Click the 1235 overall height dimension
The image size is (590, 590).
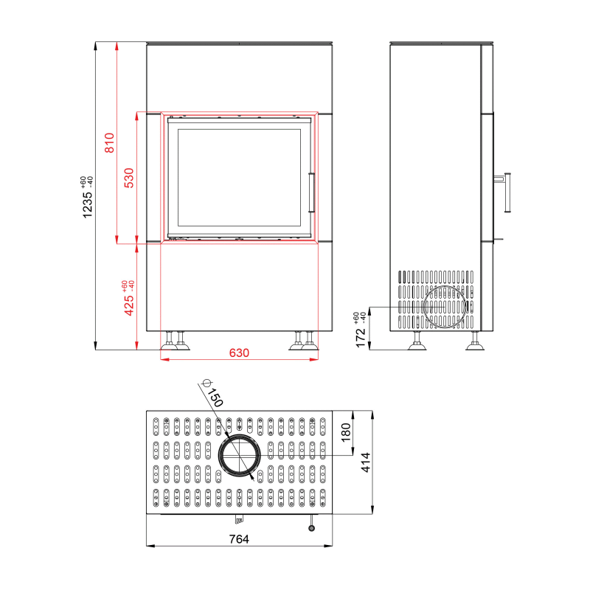tap(87, 205)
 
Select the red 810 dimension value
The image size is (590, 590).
tap(109, 142)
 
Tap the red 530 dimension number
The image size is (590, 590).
tap(128, 178)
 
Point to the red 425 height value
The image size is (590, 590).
tap(128, 305)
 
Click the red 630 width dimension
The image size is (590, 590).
tap(239, 353)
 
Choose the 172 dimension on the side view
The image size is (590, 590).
tap(361, 338)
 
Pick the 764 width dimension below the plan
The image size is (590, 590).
tap(239, 539)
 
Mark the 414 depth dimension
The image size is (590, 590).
tap(365, 462)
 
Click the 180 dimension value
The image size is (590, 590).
tap(345, 432)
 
